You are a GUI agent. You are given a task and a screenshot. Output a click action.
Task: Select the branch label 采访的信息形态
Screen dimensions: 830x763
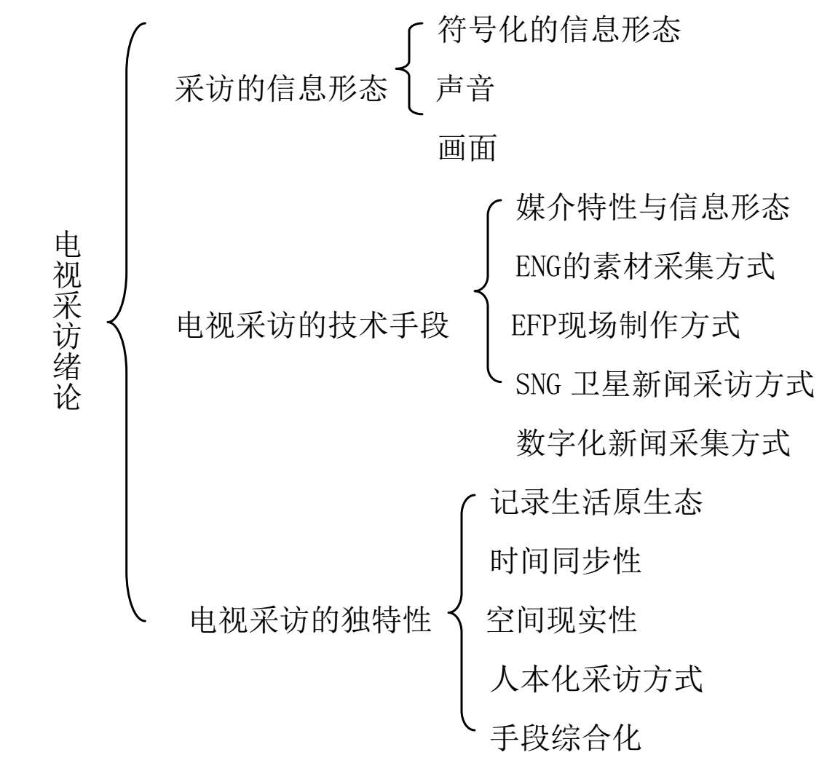281,87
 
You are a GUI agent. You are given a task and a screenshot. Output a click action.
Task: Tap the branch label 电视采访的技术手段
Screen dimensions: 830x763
313,325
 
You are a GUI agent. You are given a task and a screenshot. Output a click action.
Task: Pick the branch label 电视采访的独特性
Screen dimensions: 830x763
311,619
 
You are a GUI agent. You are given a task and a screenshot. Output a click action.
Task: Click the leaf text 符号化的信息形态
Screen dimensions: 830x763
559,28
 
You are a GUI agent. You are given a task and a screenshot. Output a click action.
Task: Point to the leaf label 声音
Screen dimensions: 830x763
465,88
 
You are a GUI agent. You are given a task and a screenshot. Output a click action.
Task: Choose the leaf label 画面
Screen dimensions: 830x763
467,147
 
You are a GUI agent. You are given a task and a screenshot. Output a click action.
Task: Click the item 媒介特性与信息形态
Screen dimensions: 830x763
652,207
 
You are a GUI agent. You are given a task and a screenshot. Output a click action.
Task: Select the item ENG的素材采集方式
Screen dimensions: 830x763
645,265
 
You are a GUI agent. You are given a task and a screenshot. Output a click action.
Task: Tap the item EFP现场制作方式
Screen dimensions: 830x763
625,325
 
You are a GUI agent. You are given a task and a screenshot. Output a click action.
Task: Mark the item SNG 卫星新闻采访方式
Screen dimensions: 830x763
664,384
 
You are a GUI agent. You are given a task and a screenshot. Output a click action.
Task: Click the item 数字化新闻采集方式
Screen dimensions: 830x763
653,442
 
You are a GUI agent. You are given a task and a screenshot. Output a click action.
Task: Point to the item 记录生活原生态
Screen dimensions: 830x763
596,501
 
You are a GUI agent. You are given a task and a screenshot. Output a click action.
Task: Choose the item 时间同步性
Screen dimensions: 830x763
565,560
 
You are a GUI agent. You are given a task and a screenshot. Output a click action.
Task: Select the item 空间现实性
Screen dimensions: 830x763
561,620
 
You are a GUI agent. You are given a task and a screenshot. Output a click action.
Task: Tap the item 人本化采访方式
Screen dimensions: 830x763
596,679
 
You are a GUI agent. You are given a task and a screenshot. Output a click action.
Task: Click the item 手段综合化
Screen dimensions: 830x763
565,737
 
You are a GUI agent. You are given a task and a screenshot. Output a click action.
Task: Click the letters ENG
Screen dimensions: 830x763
538,266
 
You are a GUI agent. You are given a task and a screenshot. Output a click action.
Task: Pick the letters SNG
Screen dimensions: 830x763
538,384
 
